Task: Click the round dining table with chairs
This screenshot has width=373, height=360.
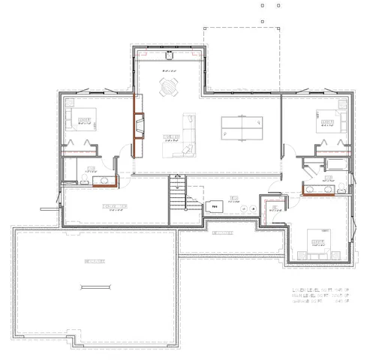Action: [170, 88]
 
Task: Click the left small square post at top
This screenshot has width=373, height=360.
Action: [262, 4]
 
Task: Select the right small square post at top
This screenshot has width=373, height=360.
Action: [278, 4]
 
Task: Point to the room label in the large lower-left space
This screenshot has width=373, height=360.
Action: [94, 261]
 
